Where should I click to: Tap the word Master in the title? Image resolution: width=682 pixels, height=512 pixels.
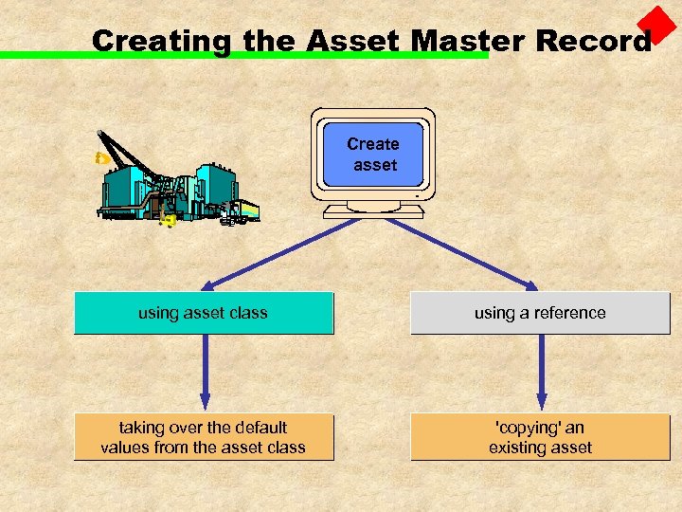[469, 41]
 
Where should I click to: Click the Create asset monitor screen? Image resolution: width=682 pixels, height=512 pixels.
[373, 155]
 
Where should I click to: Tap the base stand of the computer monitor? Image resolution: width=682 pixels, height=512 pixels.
[373, 210]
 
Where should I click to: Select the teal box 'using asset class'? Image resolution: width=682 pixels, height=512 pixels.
[204, 313]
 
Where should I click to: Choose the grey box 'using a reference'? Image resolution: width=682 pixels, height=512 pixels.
[540, 313]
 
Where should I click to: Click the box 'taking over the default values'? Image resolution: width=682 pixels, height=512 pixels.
[204, 437]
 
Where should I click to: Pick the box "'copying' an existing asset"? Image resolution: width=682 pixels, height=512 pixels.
[540, 437]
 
